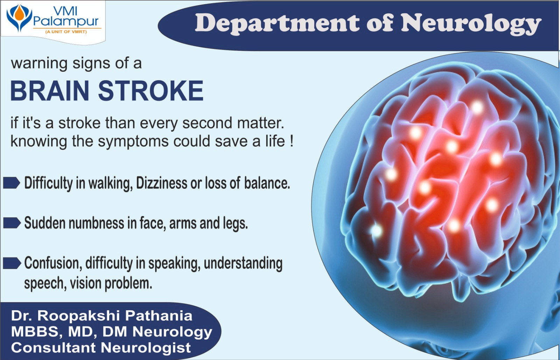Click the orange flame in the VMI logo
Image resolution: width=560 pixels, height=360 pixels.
point(19,13)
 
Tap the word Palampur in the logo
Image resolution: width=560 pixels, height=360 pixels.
point(66,22)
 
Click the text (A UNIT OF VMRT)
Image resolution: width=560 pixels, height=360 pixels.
point(66,32)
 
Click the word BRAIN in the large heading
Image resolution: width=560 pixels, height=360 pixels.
point(50,91)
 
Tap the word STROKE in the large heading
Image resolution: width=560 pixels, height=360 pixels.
point(151,91)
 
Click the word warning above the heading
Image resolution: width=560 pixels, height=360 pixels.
point(39,64)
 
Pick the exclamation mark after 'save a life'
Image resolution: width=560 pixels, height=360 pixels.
point(292,141)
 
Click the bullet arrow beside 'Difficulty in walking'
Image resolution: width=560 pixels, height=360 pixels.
point(12,183)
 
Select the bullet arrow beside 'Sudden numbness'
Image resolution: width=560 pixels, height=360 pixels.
point(12,223)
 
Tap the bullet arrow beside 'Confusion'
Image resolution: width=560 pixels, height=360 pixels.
point(12,263)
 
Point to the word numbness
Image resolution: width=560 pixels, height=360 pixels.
point(97,223)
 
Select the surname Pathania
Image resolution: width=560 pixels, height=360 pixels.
point(159,316)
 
